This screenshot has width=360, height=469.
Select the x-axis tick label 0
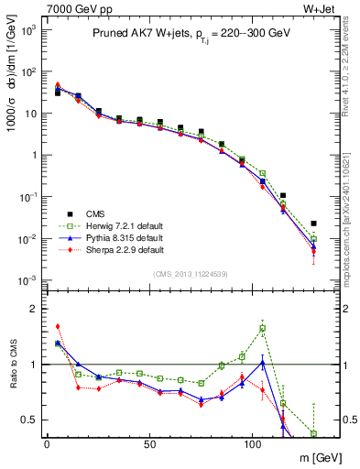[47, 442]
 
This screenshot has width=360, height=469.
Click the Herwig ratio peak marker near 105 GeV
[263, 328]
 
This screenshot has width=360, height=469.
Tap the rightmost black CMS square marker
[313, 224]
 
